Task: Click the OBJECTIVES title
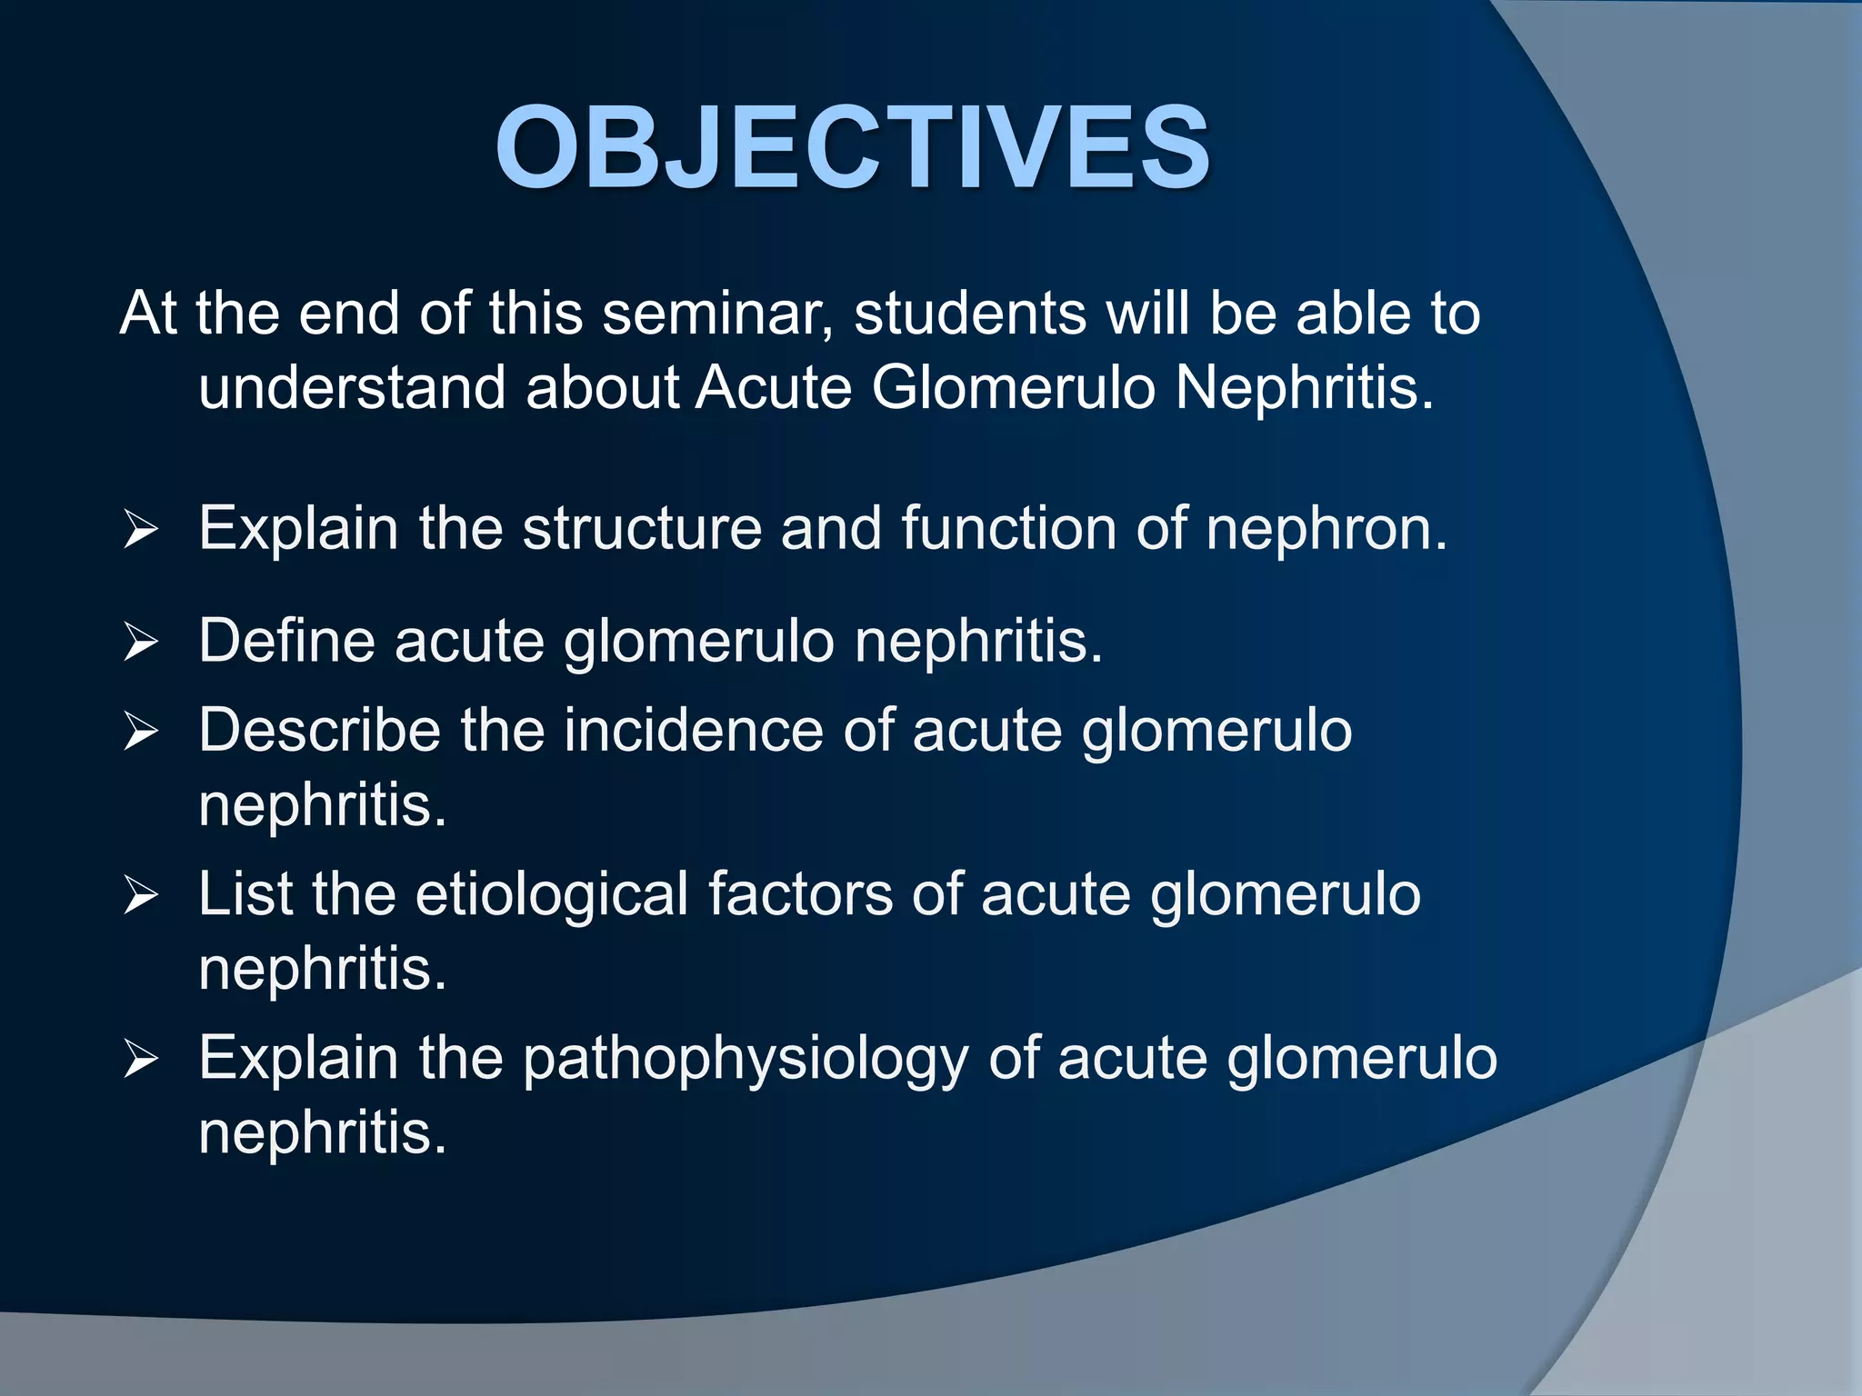coord(852,147)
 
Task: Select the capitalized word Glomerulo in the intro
coord(1013,388)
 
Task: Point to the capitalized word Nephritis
coord(1304,388)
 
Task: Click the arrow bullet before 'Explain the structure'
coord(141,529)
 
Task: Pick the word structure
coord(642,528)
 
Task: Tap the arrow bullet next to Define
coord(141,643)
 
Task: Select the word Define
coord(286,641)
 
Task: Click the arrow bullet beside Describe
coord(141,732)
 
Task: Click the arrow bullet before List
coord(141,896)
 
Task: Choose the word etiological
coord(552,895)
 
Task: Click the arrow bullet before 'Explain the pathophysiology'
coord(141,1061)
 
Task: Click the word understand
coord(351,388)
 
